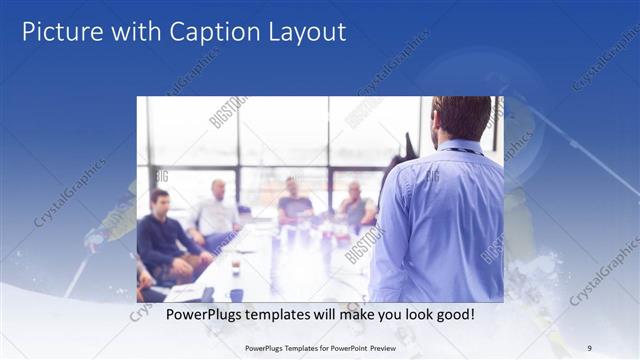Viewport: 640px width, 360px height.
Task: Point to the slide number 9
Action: pos(589,348)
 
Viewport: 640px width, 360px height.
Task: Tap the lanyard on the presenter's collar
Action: pos(463,151)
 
